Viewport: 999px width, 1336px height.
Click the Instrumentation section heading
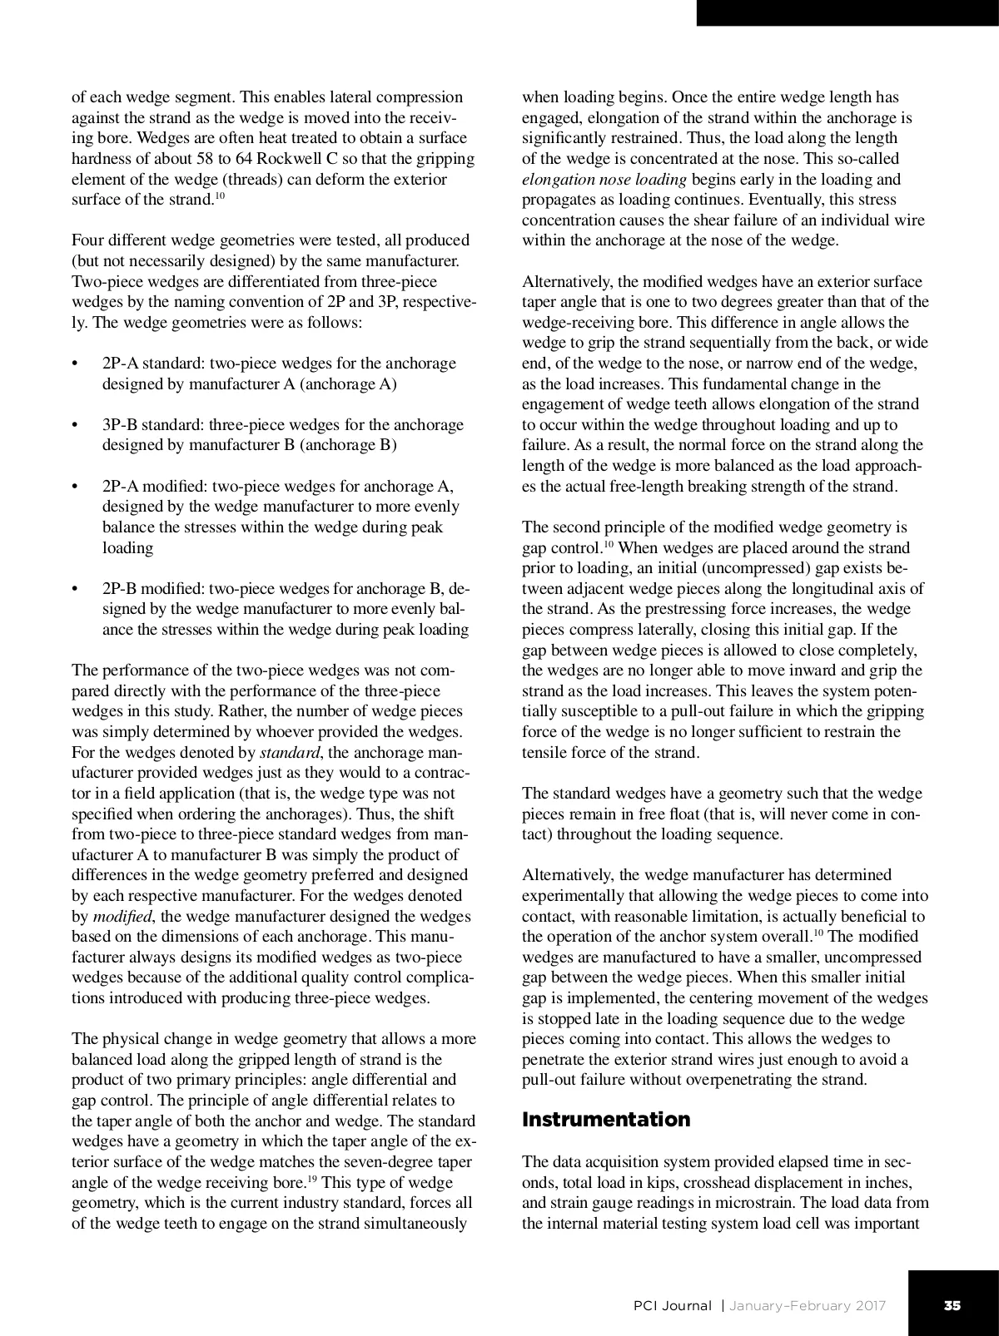click(605, 1120)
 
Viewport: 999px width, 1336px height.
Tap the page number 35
click(952, 1305)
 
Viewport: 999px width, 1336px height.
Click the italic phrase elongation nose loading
click(604, 179)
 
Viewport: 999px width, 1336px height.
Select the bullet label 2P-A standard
click(153, 364)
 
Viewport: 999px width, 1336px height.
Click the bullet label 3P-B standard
click(153, 425)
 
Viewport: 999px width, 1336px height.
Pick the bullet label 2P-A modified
click(155, 487)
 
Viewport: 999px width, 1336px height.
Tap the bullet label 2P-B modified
click(155, 589)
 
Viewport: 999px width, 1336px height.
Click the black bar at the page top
click(847, 12)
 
